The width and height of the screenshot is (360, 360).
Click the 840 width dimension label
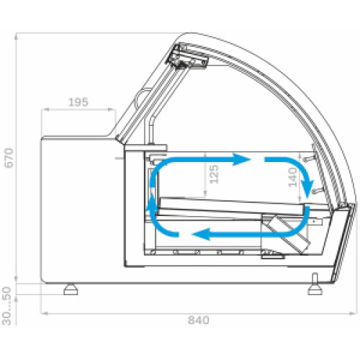(199, 320)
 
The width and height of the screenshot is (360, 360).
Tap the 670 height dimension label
(9, 158)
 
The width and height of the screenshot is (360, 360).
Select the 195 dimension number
(78, 102)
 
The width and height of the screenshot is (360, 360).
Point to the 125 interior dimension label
(215, 174)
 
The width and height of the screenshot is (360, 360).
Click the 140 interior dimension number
(293, 177)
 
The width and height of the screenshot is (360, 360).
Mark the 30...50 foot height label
(7, 306)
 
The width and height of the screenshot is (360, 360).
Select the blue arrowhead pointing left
(201, 234)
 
